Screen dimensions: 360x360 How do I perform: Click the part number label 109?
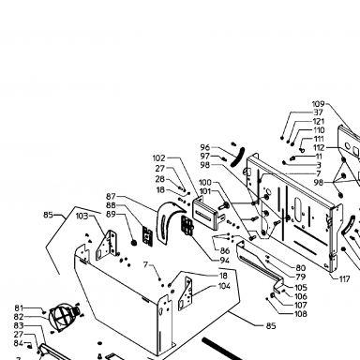pos(319,104)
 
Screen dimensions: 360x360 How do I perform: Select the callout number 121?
pos(319,121)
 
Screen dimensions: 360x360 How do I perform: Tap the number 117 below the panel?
pos(344,278)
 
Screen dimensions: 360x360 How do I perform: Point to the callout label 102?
pos(159,158)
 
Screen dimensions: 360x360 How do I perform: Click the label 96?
pos(205,147)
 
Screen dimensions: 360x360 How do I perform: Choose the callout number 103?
pos(82,216)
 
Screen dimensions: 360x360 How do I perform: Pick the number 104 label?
pos(224,286)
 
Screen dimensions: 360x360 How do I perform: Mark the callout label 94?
pos(224,261)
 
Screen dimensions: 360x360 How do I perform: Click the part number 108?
pos(301,314)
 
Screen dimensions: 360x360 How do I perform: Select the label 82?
pos(19,317)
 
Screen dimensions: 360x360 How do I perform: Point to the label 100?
pos(205,182)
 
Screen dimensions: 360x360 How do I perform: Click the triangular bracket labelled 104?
pos(185,293)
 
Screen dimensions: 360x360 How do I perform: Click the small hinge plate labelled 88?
pos(147,235)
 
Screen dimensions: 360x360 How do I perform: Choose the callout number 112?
pos(319,147)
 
